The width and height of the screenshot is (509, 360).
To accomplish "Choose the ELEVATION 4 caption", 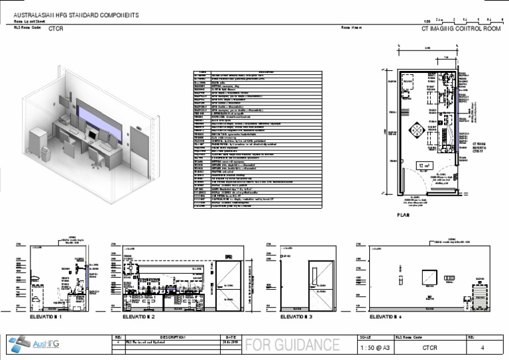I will pyautogui.click(x=386, y=318).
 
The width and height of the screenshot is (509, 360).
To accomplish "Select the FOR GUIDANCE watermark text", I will pyautogui.click(x=293, y=345).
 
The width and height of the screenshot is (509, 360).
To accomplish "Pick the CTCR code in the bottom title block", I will pyautogui.click(x=429, y=347).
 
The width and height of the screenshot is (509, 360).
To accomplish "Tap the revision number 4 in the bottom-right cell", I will pyautogui.click(x=482, y=347).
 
